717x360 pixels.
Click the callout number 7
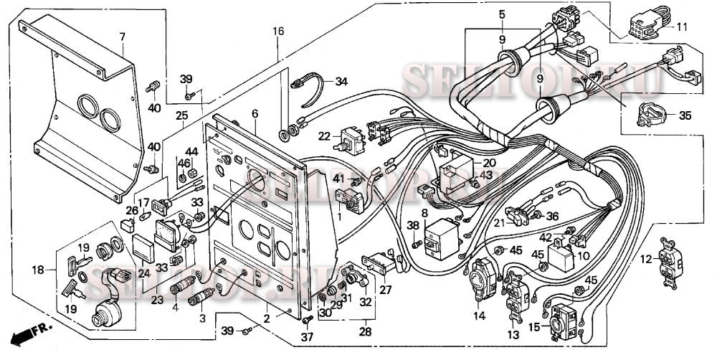122,36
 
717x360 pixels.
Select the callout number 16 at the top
278,31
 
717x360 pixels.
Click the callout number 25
181,115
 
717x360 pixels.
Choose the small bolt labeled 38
417,244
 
